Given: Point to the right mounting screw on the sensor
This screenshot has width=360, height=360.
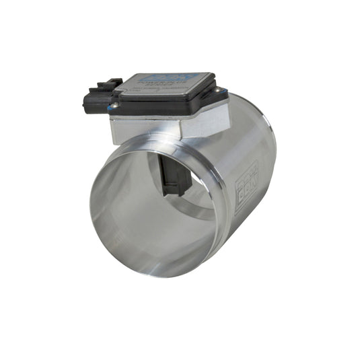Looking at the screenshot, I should coord(219,90).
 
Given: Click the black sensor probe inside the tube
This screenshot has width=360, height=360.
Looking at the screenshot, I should coord(174,172).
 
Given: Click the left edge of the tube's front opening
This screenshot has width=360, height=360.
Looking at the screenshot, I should coord(91,202).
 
